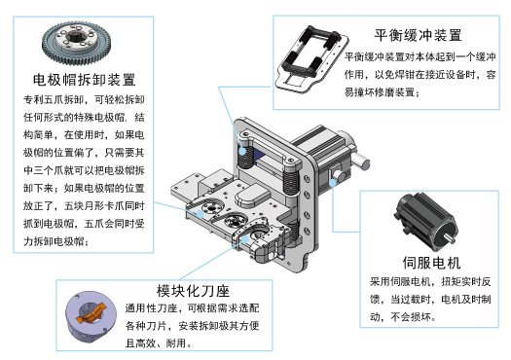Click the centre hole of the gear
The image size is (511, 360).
click(84, 44)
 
